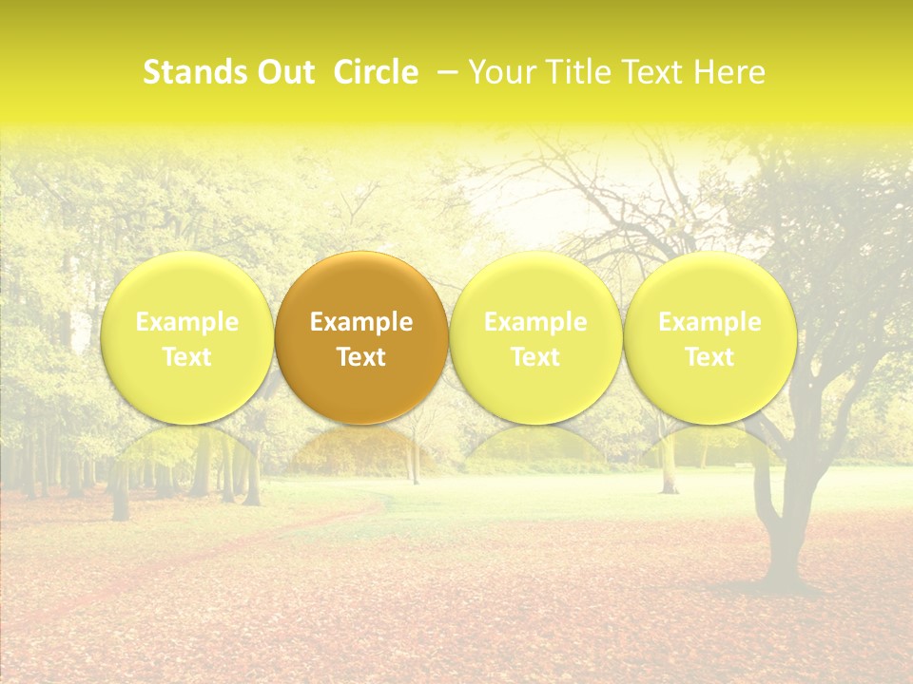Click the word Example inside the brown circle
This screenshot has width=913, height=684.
361,322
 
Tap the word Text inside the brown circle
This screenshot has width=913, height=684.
361,357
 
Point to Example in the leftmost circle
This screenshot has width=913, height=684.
186,322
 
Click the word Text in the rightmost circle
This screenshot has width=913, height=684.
709,357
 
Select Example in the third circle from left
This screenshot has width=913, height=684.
535,322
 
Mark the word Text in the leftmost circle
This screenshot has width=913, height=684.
186,357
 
